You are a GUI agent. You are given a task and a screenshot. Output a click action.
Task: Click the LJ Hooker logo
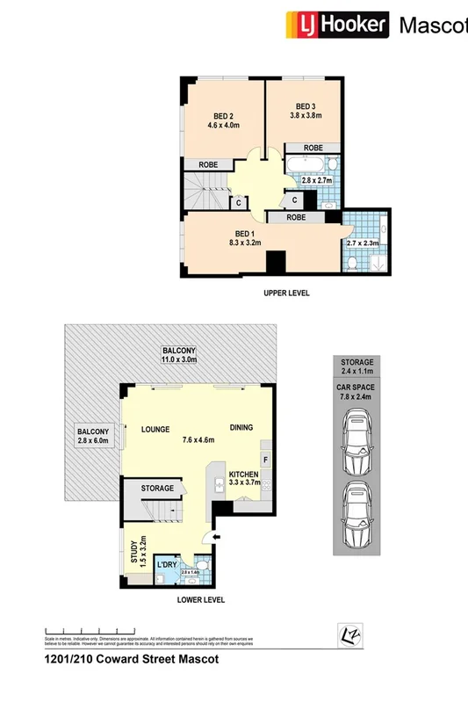(335, 25)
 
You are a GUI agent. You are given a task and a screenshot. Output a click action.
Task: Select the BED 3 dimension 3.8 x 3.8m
(306, 115)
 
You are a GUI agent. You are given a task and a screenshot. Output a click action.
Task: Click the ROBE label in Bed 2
(208, 164)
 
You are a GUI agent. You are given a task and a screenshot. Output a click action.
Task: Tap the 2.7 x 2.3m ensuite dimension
(364, 243)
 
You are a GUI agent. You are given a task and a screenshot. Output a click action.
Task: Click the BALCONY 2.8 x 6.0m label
(92, 437)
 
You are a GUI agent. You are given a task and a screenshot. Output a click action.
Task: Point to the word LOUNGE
(154, 430)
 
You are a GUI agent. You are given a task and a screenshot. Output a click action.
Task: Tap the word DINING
(241, 428)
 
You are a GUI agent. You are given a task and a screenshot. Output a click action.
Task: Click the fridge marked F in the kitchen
(264, 460)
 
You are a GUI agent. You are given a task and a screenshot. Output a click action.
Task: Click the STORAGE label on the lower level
(158, 488)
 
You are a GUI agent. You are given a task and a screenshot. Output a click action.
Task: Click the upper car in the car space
(356, 440)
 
